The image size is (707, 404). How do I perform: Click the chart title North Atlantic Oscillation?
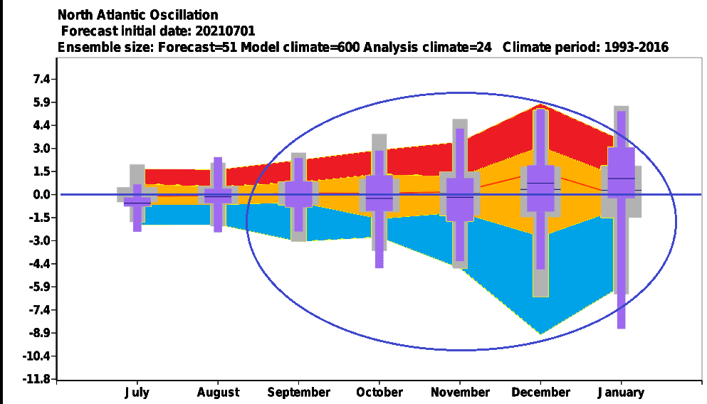[x=137, y=15]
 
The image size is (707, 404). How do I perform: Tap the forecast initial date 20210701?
[x=225, y=31]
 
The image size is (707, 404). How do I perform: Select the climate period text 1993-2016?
[x=637, y=47]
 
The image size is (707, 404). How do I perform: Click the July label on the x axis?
[x=137, y=393]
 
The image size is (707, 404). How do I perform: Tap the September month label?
[x=298, y=393]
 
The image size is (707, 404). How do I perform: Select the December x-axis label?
[x=540, y=393]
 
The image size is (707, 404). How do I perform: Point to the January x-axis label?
[x=621, y=393]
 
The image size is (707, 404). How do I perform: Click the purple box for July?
[x=137, y=201]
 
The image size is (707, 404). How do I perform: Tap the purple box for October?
[x=379, y=193]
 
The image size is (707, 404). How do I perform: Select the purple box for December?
[x=540, y=188]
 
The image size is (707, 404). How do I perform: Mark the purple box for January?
[x=621, y=173]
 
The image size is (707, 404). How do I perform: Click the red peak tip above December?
[x=541, y=104]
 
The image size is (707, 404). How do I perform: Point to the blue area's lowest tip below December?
[x=541, y=334]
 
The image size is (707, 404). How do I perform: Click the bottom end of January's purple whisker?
[x=622, y=329]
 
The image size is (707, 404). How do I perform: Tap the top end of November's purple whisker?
[x=460, y=129]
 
